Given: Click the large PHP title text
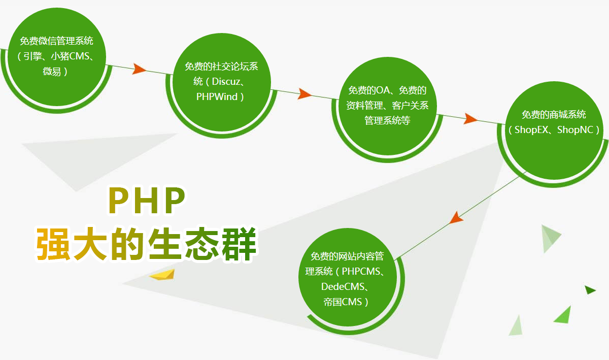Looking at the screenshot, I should click(x=147, y=201).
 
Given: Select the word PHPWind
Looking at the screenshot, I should click(x=217, y=96).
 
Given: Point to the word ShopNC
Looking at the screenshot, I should click(x=575, y=129).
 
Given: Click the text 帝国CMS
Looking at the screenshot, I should click(x=343, y=302).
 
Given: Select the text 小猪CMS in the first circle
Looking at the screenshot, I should click(x=70, y=56).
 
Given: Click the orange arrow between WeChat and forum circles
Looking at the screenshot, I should click(x=139, y=70).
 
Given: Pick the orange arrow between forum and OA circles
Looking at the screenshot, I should click(x=304, y=93).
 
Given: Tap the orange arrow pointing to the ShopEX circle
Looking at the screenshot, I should click(x=470, y=119).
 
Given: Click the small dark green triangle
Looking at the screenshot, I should click(x=590, y=290).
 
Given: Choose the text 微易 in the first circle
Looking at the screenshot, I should click(x=51, y=71).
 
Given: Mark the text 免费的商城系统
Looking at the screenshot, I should click(x=554, y=115).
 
